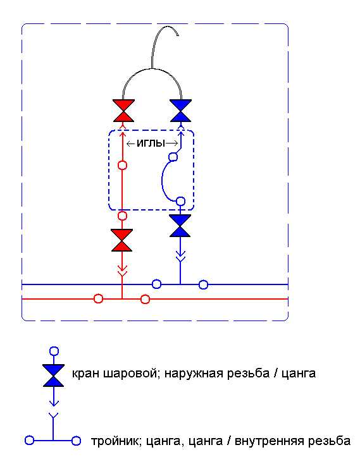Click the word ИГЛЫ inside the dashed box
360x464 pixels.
[x=151, y=143]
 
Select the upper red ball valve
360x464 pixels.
[x=124, y=111]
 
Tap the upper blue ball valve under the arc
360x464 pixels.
[x=180, y=111]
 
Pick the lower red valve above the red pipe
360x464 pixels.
[x=122, y=240]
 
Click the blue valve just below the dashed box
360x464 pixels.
[x=180, y=226]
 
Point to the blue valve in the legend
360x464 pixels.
[x=54, y=375]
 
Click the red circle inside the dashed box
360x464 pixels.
[x=123, y=166]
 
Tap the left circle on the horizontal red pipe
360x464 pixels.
[x=98, y=299]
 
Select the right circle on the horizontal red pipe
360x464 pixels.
[x=145, y=299]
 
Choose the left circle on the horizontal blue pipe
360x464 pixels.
[x=157, y=284]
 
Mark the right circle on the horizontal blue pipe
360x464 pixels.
[x=203, y=284]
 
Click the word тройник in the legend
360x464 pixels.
[x=115, y=441]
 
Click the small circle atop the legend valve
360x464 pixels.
[x=54, y=351]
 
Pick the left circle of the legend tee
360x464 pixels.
[x=29, y=441]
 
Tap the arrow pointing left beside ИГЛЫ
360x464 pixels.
[x=131, y=144]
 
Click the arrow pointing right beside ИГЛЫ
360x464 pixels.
[x=171, y=144]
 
